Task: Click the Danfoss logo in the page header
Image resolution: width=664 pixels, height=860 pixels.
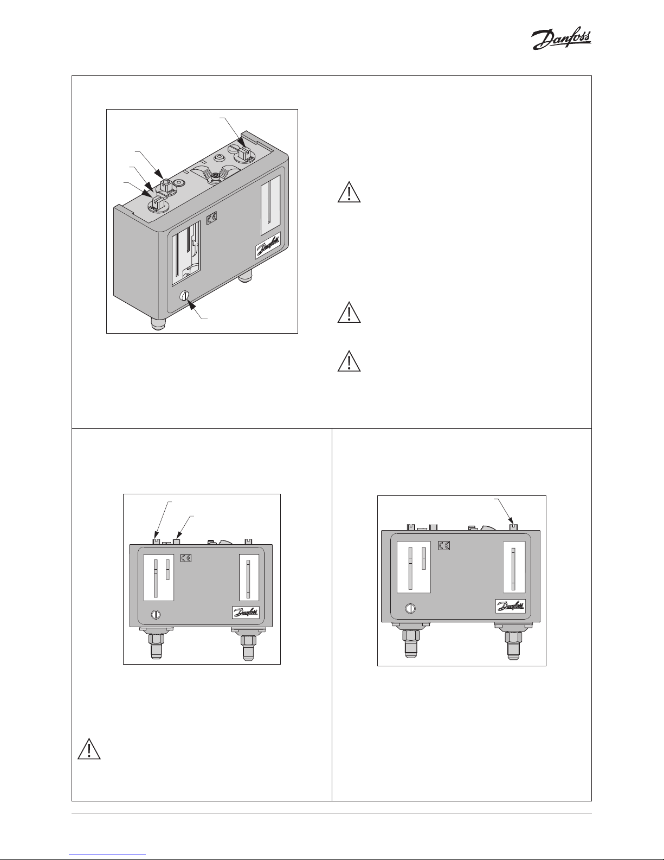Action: pyautogui.click(x=561, y=40)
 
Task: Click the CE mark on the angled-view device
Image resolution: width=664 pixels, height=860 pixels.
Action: pyautogui.click(x=212, y=216)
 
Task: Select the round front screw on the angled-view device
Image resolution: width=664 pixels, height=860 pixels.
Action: pyautogui.click(x=183, y=295)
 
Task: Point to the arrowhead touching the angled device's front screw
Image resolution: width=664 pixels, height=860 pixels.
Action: pyautogui.click(x=191, y=304)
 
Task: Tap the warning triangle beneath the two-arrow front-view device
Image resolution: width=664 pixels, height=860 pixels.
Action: pyautogui.click(x=89, y=749)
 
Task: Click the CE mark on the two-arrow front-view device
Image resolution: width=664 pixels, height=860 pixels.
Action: pyautogui.click(x=186, y=558)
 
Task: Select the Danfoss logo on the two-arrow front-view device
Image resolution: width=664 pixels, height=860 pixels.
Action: pyautogui.click(x=246, y=612)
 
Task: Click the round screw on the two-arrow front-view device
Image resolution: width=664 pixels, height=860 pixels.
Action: pyautogui.click(x=156, y=614)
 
